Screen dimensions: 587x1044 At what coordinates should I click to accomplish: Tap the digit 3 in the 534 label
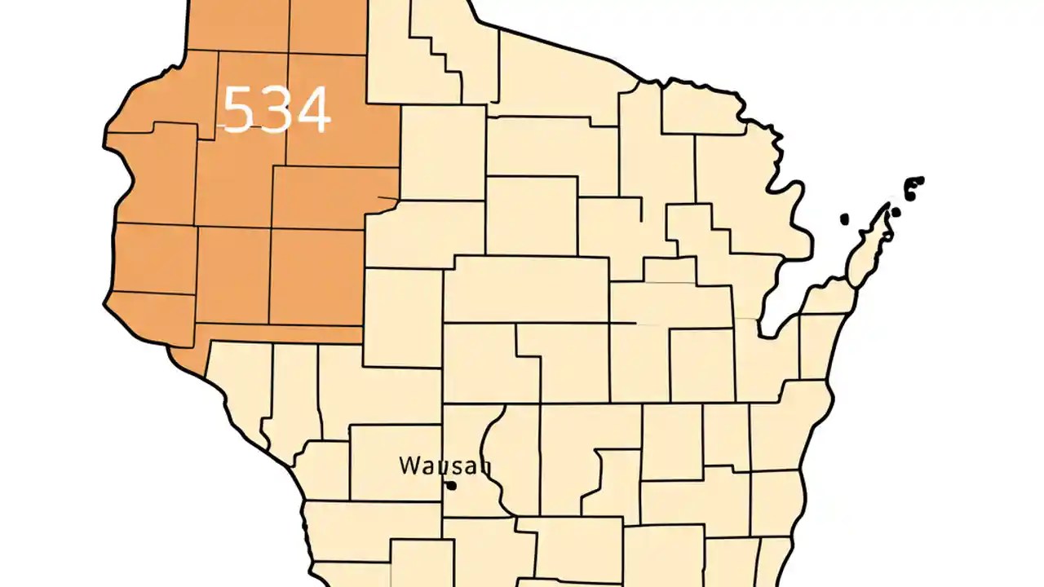coord(276,110)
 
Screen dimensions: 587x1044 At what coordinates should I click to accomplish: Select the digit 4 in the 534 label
coord(312,110)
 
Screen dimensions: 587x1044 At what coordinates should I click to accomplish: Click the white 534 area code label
coord(276,110)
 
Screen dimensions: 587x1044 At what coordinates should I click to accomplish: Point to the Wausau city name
coord(445,466)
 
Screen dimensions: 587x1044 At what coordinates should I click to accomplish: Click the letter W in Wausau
coord(409,466)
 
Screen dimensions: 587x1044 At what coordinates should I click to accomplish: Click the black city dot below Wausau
coord(450,486)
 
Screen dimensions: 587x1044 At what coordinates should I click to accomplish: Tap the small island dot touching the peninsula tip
coord(895,212)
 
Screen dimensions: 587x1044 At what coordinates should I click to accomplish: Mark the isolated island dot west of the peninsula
coord(845,218)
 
